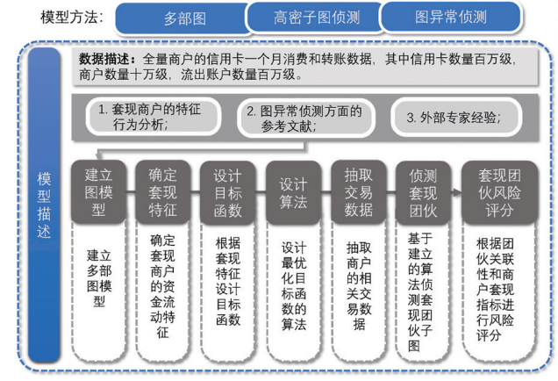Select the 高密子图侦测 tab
[x=315, y=17]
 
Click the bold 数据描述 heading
[x=107, y=60]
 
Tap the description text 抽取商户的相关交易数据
[x=359, y=285]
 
